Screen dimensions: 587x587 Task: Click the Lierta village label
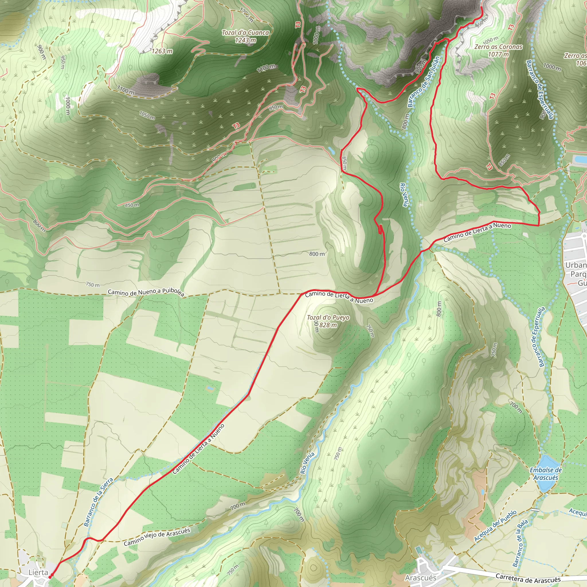pyautogui.click(x=38, y=572)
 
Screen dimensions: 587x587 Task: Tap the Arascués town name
pyautogui.click(x=420, y=578)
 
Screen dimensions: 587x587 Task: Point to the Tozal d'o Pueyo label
pyautogui.click(x=328, y=318)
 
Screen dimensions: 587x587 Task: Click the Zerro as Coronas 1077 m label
pyautogui.click(x=498, y=50)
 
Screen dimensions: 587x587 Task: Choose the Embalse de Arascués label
pyautogui.click(x=546, y=474)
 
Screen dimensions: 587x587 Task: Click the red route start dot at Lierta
pyautogui.click(x=50, y=575)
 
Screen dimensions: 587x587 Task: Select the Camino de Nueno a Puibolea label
pyautogui.click(x=146, y=292)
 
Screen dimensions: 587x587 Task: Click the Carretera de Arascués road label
pyautogui.click(x=528, y=578)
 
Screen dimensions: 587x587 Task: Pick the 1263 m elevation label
pyautogui.click(x=162, y=51)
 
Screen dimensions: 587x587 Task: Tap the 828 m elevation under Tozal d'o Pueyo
pyautogui.click(x=328, y=325)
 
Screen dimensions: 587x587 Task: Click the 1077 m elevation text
pyautogui.click(x=498, y=54)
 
